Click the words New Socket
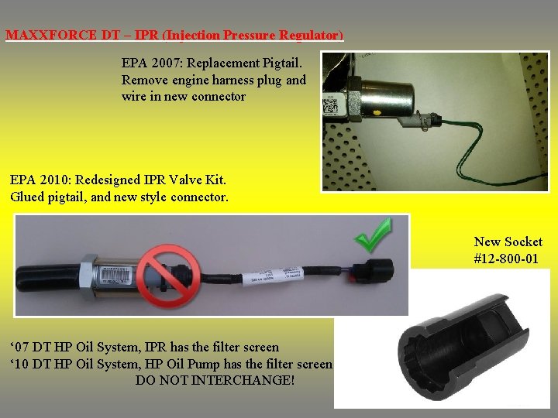[508, 242]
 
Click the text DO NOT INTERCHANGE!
[215, 381]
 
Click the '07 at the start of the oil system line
[19, 347]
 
